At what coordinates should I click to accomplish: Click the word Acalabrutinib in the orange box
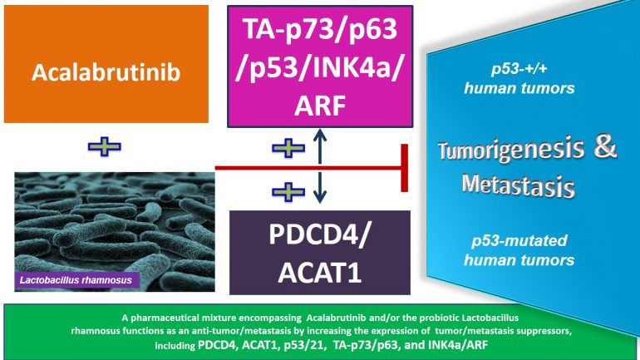tap(106, 72)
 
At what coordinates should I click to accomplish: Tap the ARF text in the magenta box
tap(320, 106)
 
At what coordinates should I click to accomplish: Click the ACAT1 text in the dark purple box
tap(320, 272)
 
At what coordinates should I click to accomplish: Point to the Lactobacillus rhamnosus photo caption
tap(76, 280)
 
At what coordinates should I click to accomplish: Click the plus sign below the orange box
tap(105, 146)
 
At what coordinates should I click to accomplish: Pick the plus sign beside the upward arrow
tap(288, 148)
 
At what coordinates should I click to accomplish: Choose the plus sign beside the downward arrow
tap(288, 192)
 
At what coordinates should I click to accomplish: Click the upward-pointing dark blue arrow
tap(320, 145)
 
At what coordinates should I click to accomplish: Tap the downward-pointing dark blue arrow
tap(320, 188)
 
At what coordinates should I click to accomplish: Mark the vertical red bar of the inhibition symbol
tap(405, 168)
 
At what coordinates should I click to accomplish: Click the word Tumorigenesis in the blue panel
tap(511, 150)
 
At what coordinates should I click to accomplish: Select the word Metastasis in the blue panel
tap(519, 185)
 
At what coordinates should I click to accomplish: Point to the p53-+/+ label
tap(519, 69)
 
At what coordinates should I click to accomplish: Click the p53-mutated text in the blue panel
tap(519, 240)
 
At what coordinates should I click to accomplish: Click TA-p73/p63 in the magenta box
tap(320, 28)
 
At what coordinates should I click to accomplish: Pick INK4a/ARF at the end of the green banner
tap(457, 345)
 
